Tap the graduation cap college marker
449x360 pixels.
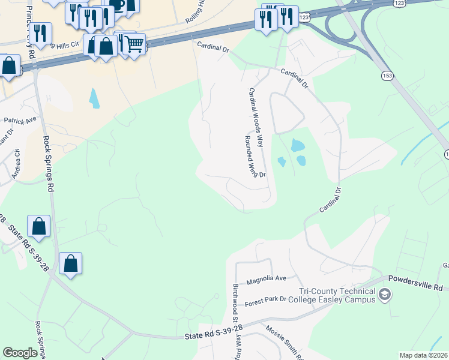(x=385, y=295)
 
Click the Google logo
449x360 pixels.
(x=20, y=353)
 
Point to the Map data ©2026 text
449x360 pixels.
(x=423, y=355)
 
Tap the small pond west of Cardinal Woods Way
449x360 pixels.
(x=94, y=98)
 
